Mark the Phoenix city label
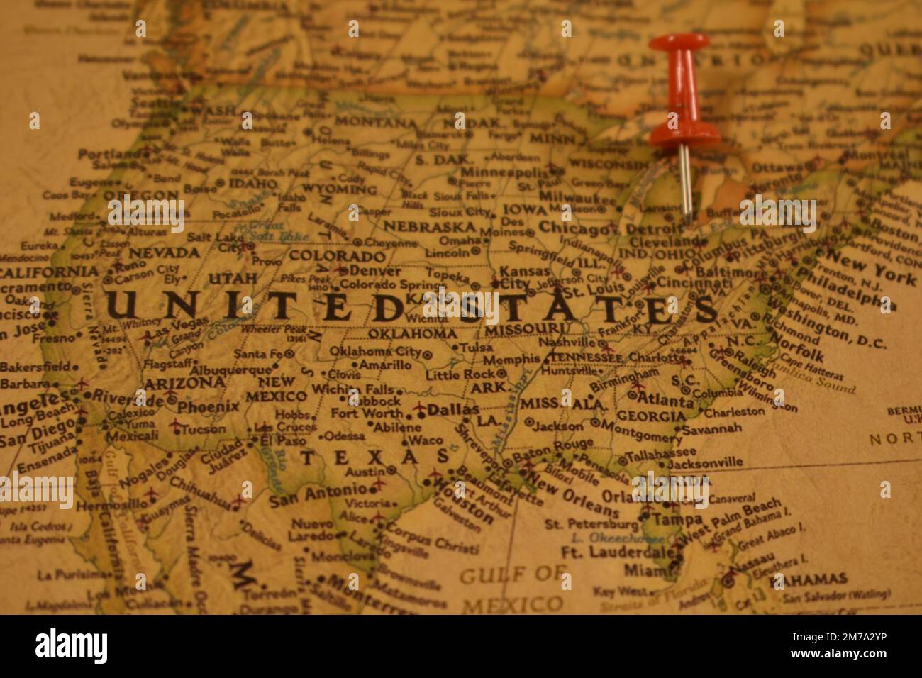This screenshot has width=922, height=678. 208,407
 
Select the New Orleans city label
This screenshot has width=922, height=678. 564,496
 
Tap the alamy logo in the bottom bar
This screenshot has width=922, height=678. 72,646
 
